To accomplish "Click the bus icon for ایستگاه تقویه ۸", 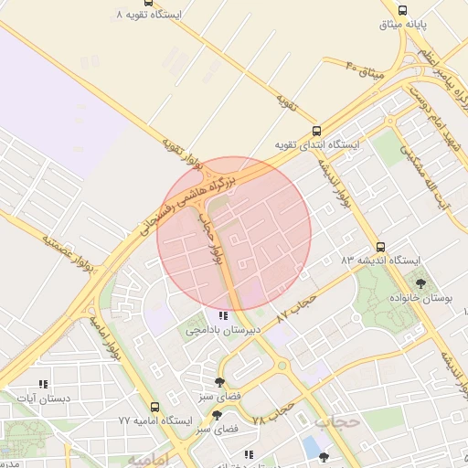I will point(121,16).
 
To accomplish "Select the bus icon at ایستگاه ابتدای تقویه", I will point(317,131).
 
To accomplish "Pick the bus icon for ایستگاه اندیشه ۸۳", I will point(380,247).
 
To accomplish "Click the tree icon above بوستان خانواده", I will point(420,283).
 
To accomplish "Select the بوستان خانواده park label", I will point(421,299).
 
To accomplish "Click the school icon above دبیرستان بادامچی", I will point(224,315).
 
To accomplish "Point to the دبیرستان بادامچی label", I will point(224,329).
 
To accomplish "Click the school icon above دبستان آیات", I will point(42,385).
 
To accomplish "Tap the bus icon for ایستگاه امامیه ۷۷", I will point(154,408).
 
